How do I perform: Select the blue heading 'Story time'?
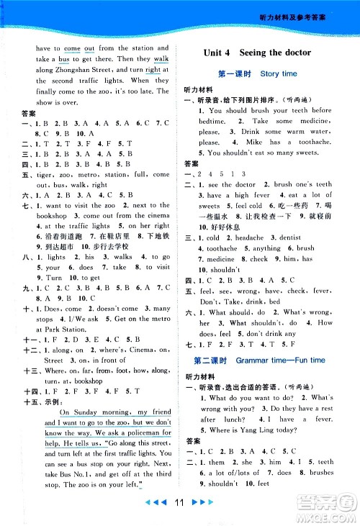click(279, 73)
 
